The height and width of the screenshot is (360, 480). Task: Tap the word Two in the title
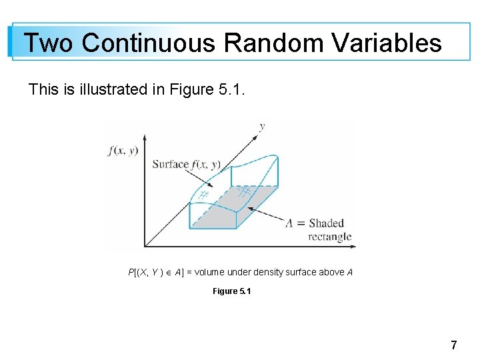(50, 43)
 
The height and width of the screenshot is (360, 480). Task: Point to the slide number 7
(454, 345)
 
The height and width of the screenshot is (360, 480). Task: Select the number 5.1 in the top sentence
(231, 89)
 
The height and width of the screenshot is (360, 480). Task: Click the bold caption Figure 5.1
(231, 291)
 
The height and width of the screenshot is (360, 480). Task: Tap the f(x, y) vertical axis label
(123, 151)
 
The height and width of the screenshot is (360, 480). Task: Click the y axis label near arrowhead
(262, 125)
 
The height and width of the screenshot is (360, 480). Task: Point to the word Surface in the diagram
(171, 164)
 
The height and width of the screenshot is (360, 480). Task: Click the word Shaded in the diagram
(326, 223)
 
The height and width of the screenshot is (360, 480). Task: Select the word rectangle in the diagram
(329, 237)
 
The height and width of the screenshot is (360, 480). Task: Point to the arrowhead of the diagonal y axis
(256, 135)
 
